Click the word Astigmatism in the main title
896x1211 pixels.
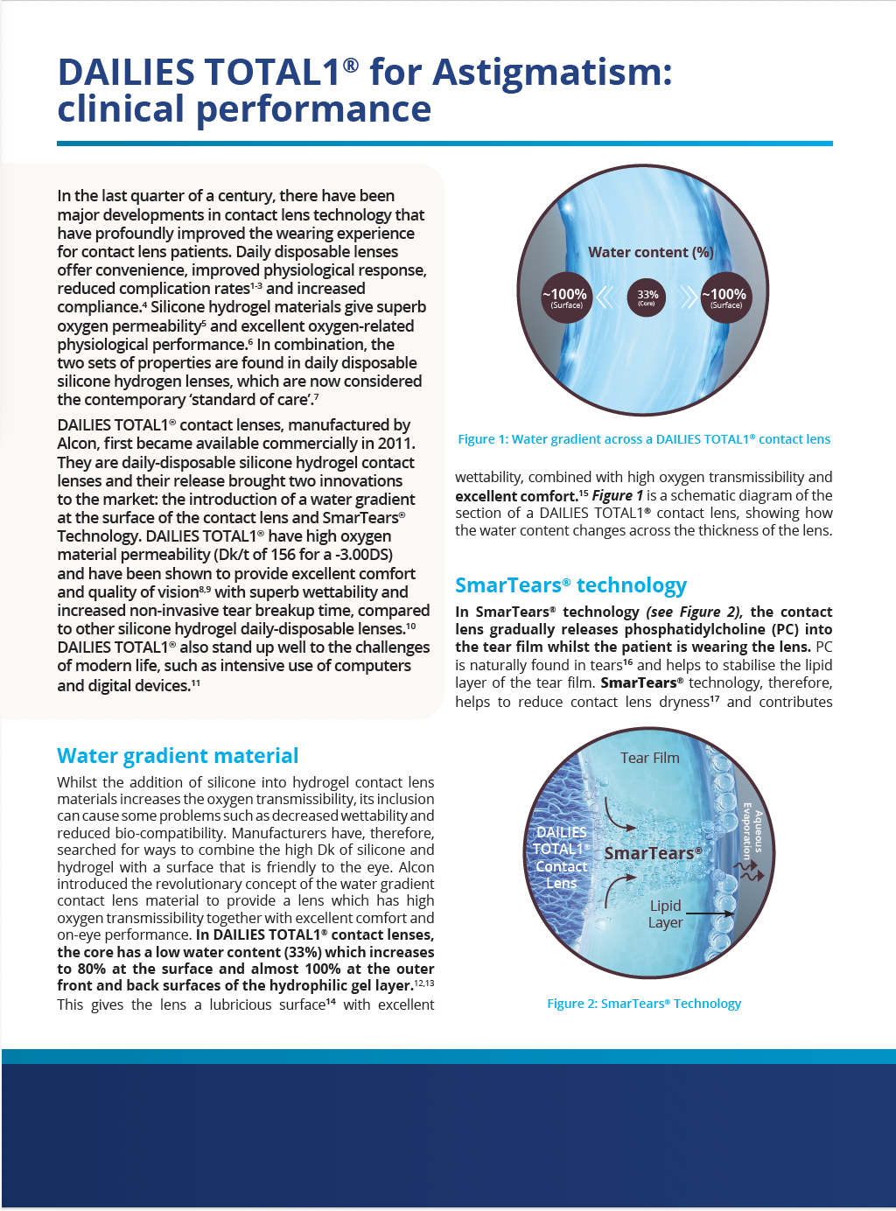point(553,72)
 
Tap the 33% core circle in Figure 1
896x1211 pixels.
point(647,297)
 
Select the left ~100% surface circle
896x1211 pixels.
point(567,297)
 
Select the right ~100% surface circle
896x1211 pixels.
point(726,297)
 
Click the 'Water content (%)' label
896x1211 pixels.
point(651,252)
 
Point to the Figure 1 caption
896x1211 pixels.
point(644,439)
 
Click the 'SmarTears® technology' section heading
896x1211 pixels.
point(570,585)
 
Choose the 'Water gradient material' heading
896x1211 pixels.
point(178,756)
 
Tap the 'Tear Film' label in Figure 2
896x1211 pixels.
point(649,758)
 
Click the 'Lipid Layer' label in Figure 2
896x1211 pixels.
point(665,913)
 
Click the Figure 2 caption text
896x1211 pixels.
point(644,1004)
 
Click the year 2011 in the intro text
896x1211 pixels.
point(395,444)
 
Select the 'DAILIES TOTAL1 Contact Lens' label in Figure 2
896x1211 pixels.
point(561,857)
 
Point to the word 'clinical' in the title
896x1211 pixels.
point(122,109)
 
